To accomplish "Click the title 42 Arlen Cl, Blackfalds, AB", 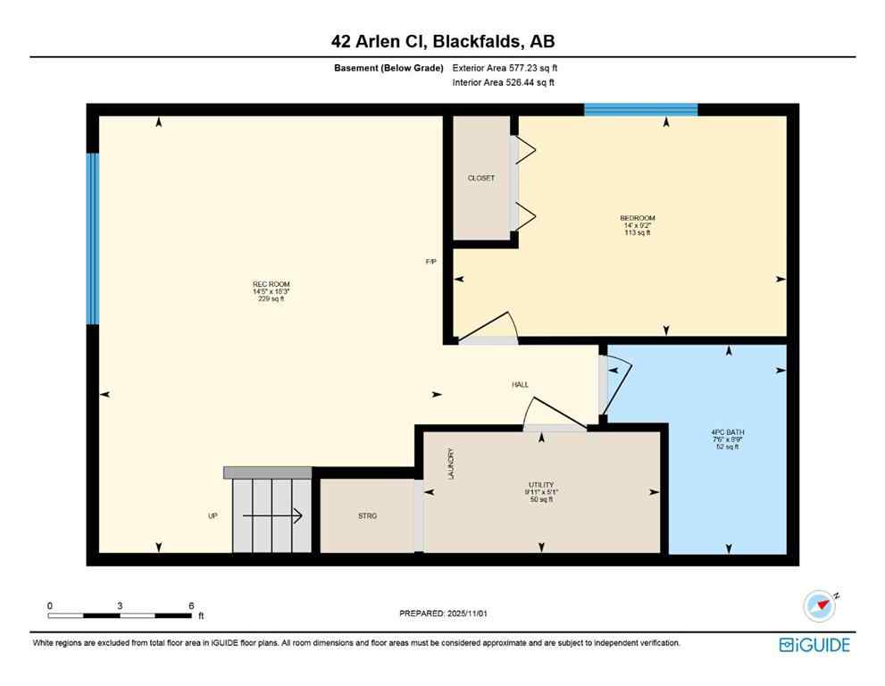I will pos(442,41).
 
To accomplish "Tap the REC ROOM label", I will pos(271,285).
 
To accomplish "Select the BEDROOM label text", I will pos(638,219).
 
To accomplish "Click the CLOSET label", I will pos(480,179).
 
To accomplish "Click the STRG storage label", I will pos(367,516).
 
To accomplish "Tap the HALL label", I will pos(520,385).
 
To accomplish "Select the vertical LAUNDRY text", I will pos(451,464).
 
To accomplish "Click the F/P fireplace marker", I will pos(430,262).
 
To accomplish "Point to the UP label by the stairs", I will pos(213,516).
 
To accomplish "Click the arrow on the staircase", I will pos(273,516).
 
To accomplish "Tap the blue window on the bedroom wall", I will pos(640,110).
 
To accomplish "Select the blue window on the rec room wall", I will pos(92,238).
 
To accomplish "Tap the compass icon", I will pos(818,606).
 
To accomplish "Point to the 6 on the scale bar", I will pos(190,605).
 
